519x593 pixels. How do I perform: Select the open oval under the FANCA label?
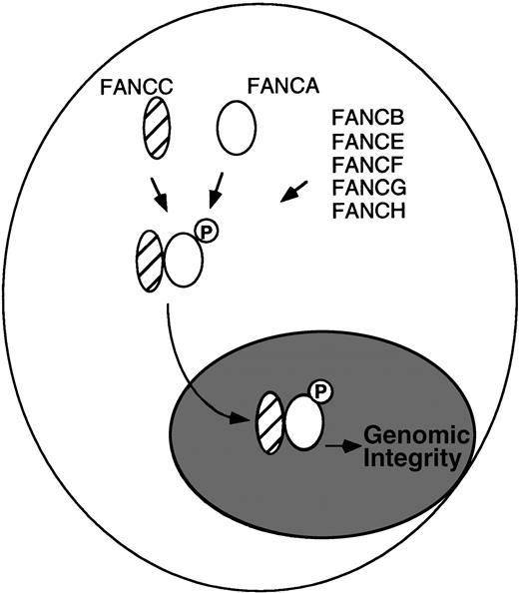(236, 129)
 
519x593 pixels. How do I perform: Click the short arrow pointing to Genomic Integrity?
(342, 449)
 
